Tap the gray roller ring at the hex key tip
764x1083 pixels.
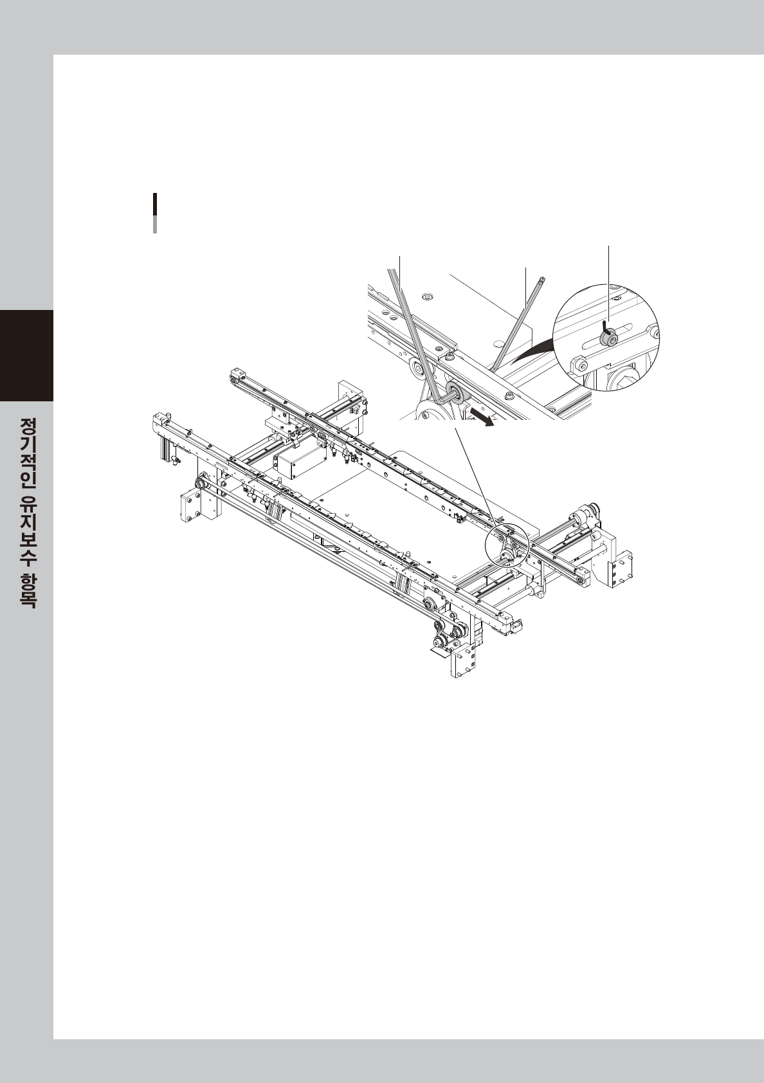453,394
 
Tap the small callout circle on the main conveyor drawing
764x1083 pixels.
505,543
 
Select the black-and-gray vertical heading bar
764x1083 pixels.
155,212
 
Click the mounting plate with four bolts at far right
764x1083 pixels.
620,569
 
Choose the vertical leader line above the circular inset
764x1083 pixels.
608,283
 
